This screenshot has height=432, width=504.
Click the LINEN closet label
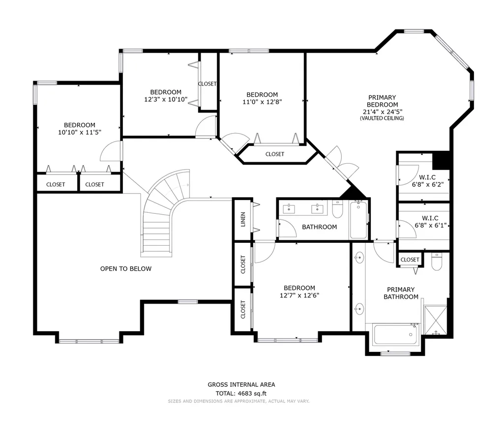coord(243,219)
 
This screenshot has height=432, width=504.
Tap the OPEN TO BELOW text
coord(126,269)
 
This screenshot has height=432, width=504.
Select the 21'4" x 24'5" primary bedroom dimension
coord(382,112)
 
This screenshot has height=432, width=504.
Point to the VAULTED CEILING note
coord(382,118)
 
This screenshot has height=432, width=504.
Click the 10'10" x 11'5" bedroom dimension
coord(80,132)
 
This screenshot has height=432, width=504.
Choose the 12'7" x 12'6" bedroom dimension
coord(299,295)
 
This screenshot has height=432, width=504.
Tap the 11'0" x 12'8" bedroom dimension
coord(262,102)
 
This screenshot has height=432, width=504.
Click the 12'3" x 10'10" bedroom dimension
coord(166,100)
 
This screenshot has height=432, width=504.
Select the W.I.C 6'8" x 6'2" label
coord(427,181)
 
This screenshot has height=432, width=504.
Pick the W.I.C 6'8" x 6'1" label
coord(430,222)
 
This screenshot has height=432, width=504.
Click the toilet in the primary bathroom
coord(436,262)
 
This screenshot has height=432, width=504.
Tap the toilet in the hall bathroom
coord(337,209)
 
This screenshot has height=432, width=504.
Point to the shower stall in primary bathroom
coord(436,320)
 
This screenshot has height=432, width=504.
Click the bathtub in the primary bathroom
coord(396,335)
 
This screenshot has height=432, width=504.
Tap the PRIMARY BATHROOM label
coord(401,293)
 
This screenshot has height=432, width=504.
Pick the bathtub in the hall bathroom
coord(358,220)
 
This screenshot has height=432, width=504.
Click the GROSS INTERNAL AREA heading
coord(241,384)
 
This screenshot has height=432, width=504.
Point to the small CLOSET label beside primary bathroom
coord(410,259)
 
